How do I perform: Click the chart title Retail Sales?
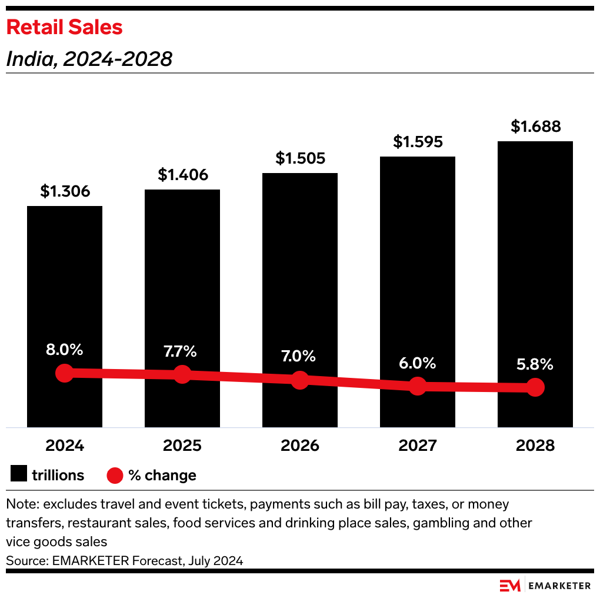[64, 27]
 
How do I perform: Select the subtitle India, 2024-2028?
[89, 59]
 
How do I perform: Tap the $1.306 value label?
[65, 191]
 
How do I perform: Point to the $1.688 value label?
[535, 127]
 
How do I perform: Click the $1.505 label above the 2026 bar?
[300, 158]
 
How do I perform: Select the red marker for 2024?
[65, 373]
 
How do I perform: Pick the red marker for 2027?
[418, 386]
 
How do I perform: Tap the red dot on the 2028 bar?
[535, 387]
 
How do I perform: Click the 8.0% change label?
[65, 349]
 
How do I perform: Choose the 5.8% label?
[535, 364]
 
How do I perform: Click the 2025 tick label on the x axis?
[182, 445]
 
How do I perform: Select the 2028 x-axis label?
[535, 445]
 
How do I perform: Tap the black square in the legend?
[19, 475]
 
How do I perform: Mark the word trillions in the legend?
[58, 475]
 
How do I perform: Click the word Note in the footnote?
[21, 504]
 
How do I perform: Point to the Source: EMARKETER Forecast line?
[124, 560]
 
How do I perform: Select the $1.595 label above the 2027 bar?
[418, 142]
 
